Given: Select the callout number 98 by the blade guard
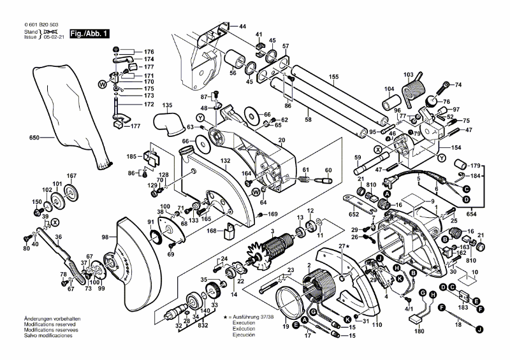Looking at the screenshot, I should (105, 238).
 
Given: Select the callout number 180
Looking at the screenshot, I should (419, 331).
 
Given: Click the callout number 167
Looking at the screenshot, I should (71, 176).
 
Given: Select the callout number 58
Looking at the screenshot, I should (308, 119).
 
